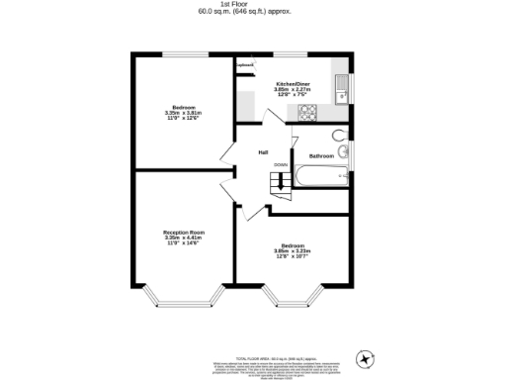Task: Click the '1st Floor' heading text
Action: click(253, 4)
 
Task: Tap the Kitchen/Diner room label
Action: click(294, 84)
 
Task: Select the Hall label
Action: click(264, 151)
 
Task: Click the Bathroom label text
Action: click(321, 156)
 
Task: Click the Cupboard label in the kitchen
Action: click(243, 66)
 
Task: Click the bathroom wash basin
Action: click(343, 152)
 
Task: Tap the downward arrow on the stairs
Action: click(280, 180)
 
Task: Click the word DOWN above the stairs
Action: click(281, 165)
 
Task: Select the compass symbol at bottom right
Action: click(368, 357)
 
